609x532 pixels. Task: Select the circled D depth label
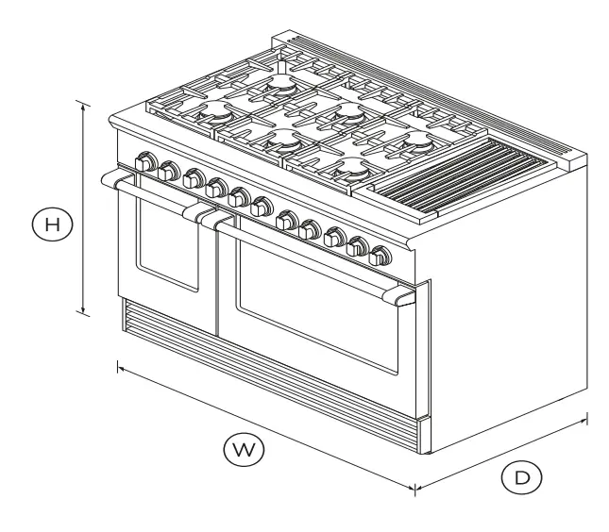point(521,478)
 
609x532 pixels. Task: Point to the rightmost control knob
point(381,255)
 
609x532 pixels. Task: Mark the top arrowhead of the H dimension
point(85,106)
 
